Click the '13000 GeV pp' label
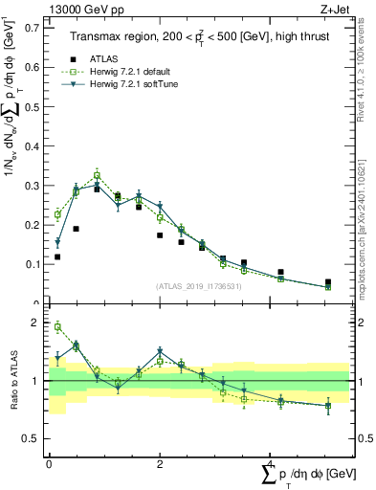point(79,9)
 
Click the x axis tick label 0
point(49,464)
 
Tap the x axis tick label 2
point(159,464)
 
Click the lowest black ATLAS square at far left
point(57,256)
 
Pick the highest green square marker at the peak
point(98,175)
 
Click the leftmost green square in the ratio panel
point(57,327)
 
